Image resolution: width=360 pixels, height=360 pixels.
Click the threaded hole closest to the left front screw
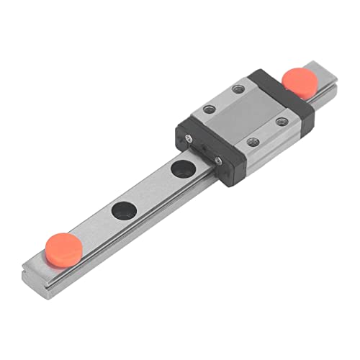coord(210,109)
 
